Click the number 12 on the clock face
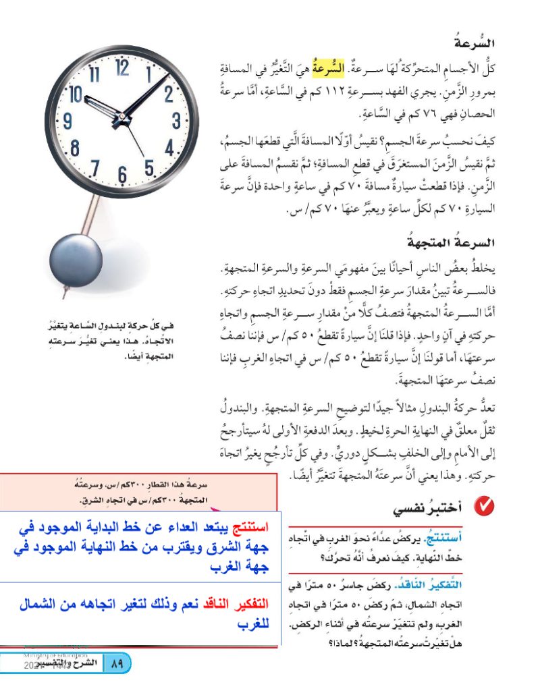pos(122,67)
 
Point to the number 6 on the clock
pos(122,174)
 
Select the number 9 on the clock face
pos(67,122)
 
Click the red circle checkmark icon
pos(483,505)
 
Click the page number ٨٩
pos(116,664)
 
